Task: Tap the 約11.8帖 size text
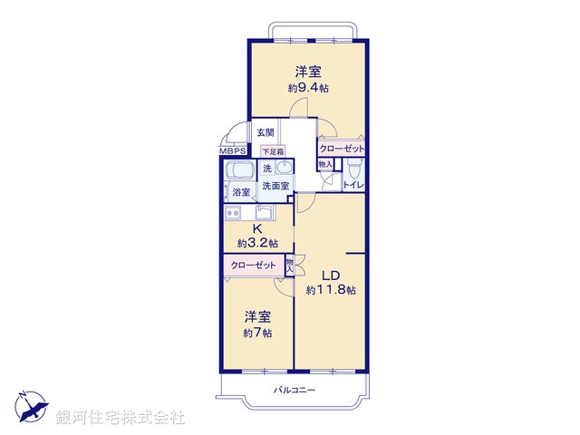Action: (331, 290)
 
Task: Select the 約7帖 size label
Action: (257, 333)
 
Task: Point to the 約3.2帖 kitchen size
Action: (257, 243)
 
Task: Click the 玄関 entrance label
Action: (264, 132)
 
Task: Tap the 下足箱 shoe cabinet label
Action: (273, 151)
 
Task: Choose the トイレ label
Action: (353, 185)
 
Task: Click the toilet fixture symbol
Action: (354, 169)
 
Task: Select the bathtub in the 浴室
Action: (241, 171)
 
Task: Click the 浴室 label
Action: (241, 192)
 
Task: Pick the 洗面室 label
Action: (275, 186)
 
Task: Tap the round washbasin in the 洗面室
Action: (285, 169)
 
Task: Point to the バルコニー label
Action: (295, 390)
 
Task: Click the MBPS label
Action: (231, 151)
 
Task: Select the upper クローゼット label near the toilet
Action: (341, 149)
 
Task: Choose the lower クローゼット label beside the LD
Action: (253, 266)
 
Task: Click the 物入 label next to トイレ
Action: (324, 164)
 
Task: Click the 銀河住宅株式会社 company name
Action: (122, 417)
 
